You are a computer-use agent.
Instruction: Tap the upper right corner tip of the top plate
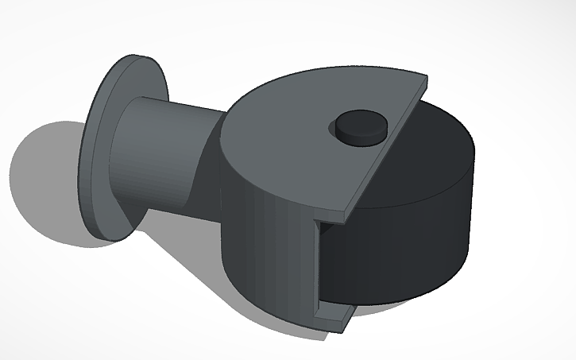(427, 79)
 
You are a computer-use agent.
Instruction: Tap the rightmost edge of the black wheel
(475, 199)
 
